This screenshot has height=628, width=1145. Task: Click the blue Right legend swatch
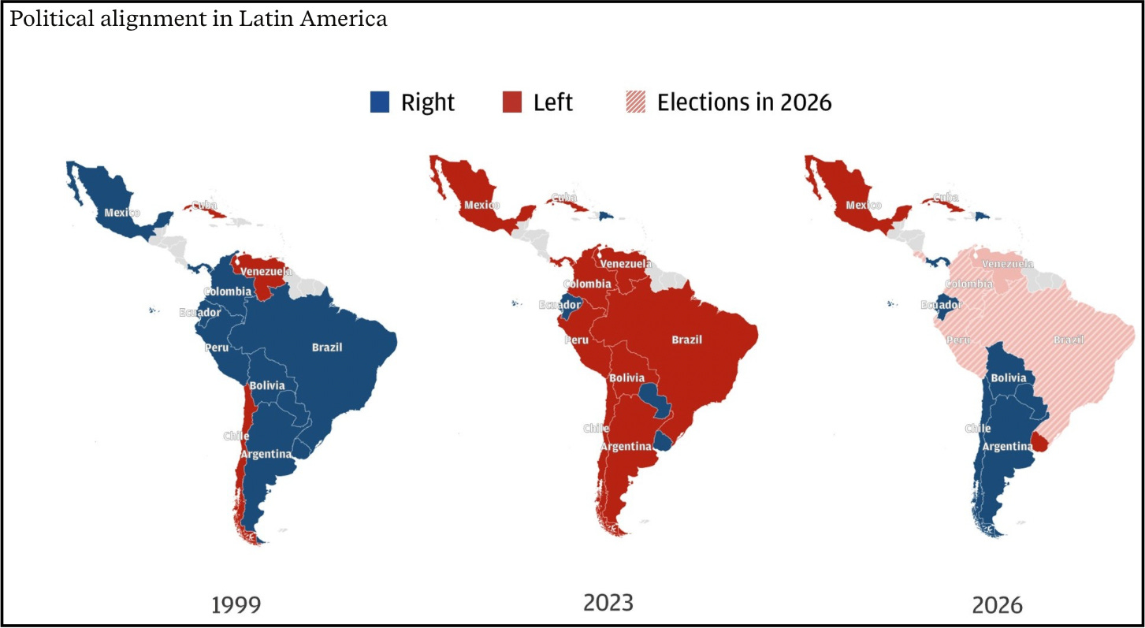[381, 102]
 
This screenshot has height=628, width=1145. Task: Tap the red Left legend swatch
[512, 102]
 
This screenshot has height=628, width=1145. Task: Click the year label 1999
[236, 605]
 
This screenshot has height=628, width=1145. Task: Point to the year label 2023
[608, 603]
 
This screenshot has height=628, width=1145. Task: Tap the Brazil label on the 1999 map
[327, 347]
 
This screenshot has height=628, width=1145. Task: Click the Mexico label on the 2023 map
[482, 206]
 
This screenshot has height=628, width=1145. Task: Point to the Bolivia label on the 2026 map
[1008, 378]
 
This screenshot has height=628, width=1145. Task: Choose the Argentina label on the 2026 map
[1007, 447]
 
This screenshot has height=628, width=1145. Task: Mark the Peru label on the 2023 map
[577, 340]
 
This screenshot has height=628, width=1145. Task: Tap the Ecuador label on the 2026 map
[941, 304]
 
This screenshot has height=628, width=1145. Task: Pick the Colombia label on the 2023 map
[586, 284]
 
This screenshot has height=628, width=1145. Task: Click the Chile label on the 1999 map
[236, 436]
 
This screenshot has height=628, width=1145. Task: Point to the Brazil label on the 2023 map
[686, 340]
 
